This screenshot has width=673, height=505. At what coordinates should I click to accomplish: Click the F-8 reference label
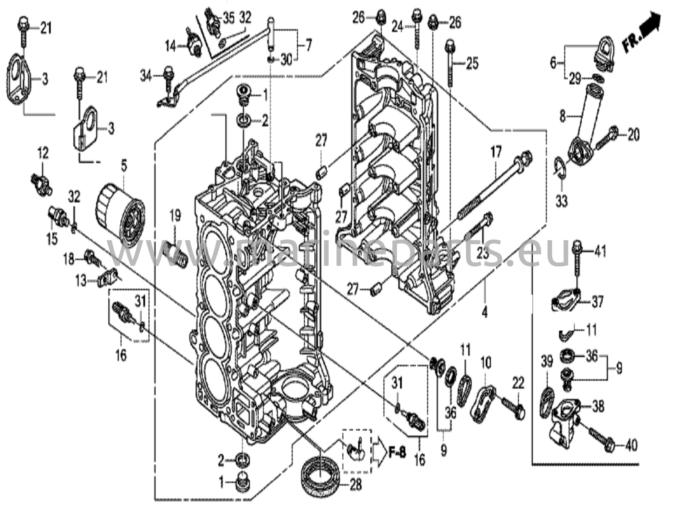(397, 454)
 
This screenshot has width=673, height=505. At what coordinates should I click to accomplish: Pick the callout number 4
(484, 312)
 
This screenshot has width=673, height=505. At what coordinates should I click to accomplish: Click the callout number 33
(562, 201)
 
